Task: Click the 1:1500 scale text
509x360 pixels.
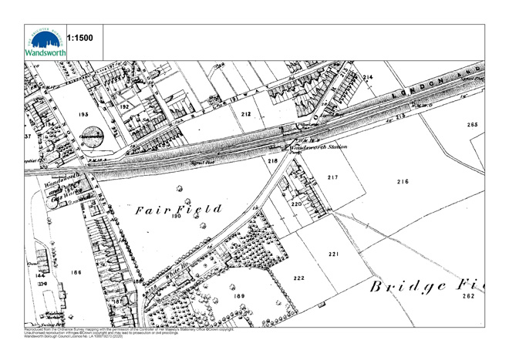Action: click(81, 37)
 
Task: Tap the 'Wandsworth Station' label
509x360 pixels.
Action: click(316, 147)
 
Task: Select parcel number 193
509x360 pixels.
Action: click(85, 114)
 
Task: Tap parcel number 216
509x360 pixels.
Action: click(402, 182)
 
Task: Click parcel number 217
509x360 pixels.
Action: click(333, 177)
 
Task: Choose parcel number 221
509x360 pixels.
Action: click(333, 254)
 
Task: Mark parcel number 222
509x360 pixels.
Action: click(299, 278)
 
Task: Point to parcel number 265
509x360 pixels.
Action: click(472, 125)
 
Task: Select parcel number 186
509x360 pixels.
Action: click(76, 273)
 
